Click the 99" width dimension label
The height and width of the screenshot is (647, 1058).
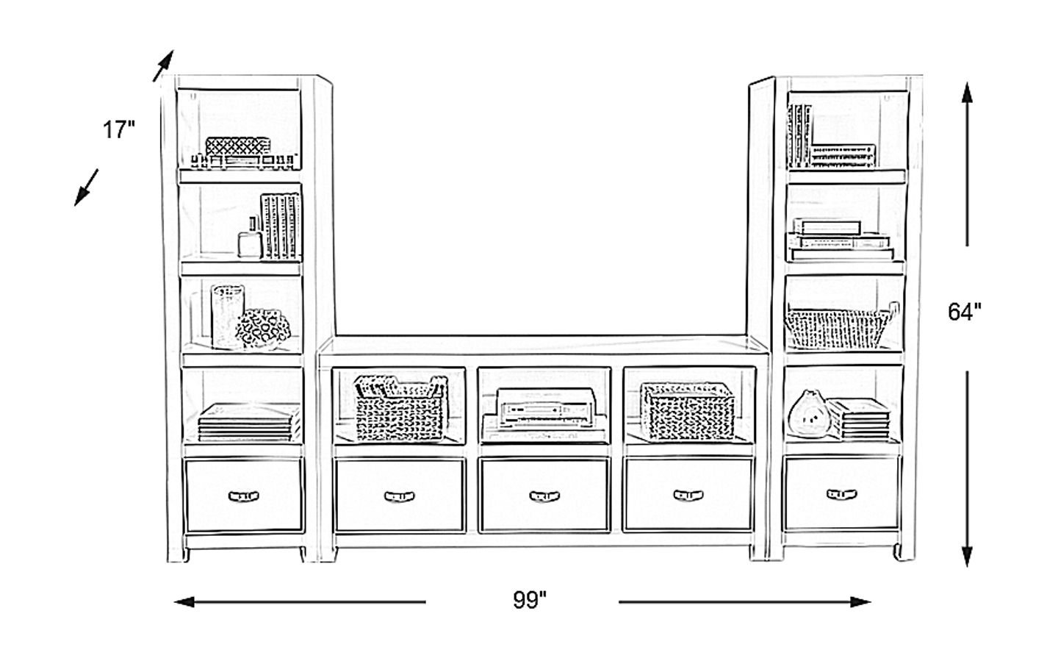pos(530,601)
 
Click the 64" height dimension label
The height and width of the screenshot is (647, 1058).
pos(964,312)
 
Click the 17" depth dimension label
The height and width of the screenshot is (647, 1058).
pos(119,131)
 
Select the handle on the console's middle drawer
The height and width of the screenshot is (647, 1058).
pos(544,496)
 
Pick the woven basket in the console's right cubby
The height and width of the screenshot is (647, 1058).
pos(688,409)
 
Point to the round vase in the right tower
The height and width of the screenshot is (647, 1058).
pos(807,415)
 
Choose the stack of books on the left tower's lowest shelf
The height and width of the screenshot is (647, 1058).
pos(248,423)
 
